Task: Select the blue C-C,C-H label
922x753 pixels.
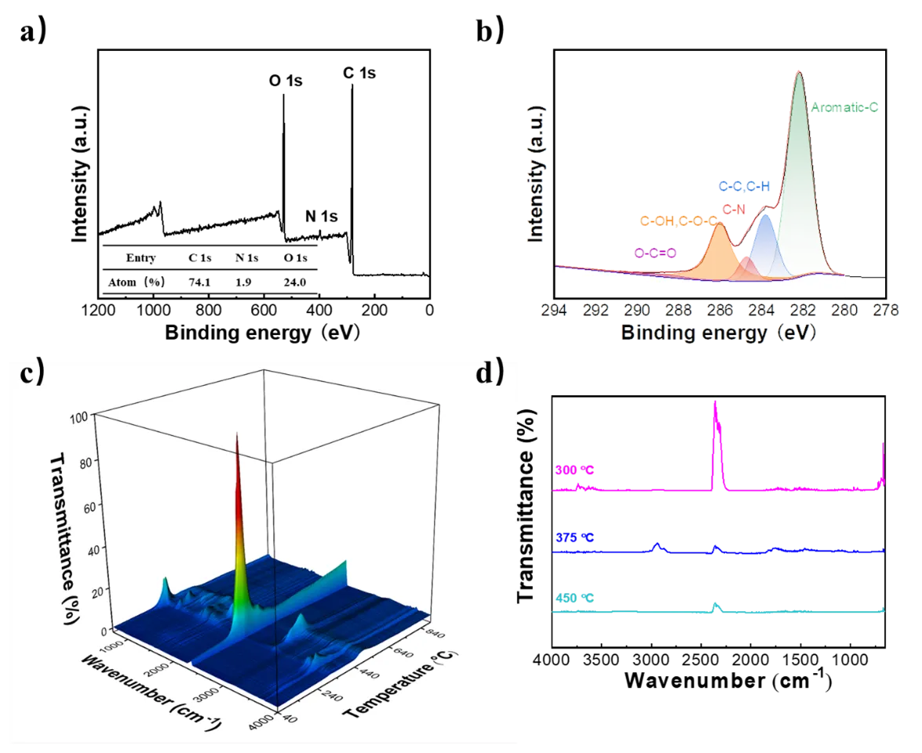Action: [x=745, y=186]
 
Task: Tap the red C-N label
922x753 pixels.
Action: [x=734, y=209]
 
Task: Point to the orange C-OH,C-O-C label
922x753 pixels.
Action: [x=679, y=222]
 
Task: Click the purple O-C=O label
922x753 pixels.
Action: [x=655, y=253]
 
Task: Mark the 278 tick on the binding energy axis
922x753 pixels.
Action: [x=885, y=310]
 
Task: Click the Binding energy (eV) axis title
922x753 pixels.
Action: [x=720, y=333]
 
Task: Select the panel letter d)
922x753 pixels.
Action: [x=490, y=372]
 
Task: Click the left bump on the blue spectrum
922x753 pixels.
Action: [x=658, y=544]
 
